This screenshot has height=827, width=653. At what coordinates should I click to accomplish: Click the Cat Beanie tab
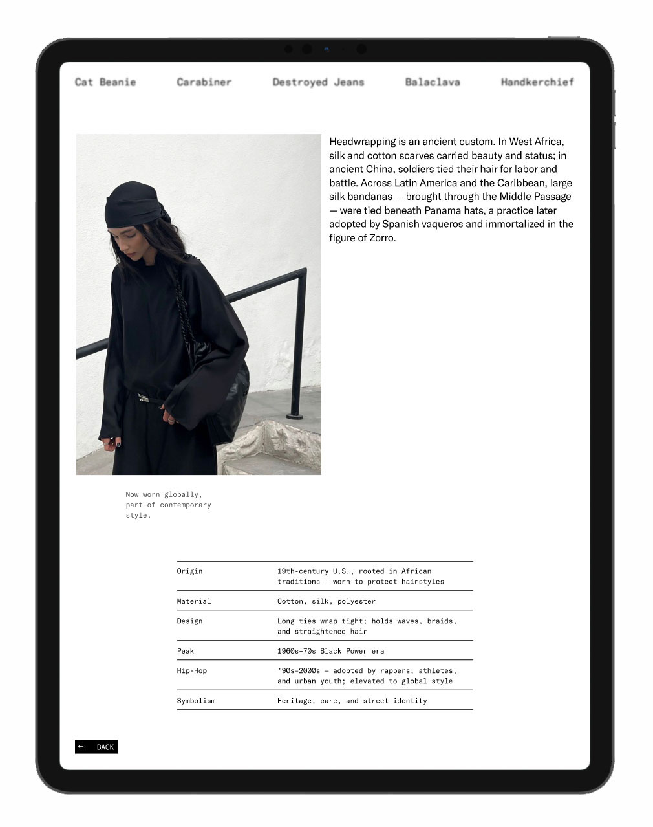point(105,82)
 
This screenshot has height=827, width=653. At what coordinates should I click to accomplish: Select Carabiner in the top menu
point(204,82)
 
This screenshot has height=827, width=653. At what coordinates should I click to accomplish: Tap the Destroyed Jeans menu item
point(318,82)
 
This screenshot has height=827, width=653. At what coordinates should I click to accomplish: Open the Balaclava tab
point(433,82)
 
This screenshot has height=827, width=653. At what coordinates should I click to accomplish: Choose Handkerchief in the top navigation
point(537,82)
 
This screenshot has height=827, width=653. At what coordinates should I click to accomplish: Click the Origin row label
point(189,571)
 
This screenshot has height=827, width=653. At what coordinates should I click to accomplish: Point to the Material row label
point(194,601)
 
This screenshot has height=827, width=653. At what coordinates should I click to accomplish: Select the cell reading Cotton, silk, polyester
point(326,601)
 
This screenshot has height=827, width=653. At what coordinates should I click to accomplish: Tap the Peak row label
point(186,651)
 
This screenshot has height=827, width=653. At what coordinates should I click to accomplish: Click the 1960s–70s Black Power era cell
point(330,651)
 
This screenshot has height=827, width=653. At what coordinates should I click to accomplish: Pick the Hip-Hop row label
point(192,671)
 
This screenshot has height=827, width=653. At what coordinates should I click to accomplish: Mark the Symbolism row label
point(196,701)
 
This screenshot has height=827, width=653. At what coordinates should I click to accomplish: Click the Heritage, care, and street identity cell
point(352,701)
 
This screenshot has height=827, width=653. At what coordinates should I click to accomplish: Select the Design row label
point(189,621)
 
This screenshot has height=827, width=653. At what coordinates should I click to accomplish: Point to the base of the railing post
point(295,415)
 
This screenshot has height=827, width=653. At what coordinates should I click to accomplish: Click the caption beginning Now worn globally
point(168,505)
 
